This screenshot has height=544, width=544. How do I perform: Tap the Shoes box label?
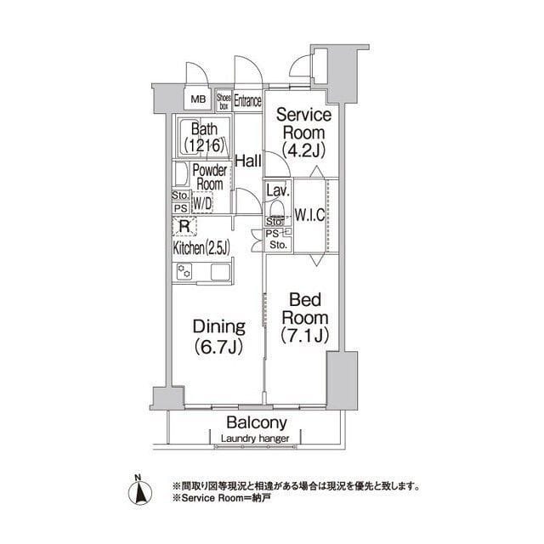pyautogui.click(x=224, y=101)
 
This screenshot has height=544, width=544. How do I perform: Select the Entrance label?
pyautogui.click(x=247, y=100)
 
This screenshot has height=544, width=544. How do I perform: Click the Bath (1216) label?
pyautogui.click(x=203, y=137)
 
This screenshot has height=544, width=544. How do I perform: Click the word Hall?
pyautogui.click(x=248, y=160)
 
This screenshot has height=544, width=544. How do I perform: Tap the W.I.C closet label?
pyautogui.click(x=309, y=215)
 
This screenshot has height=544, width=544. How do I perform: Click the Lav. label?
pyautogui.click(x=275, y=190)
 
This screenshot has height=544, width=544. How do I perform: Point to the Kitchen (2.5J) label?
pyautogui.click(x=201, y=249)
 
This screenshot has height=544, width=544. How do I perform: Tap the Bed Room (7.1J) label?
pyautogui.click(x=303, y=315)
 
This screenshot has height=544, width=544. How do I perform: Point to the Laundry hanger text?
pyautogui.click(x=255, y=439)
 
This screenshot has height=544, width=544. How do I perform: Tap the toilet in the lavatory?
pyautogui.click(x=277, y=210)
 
